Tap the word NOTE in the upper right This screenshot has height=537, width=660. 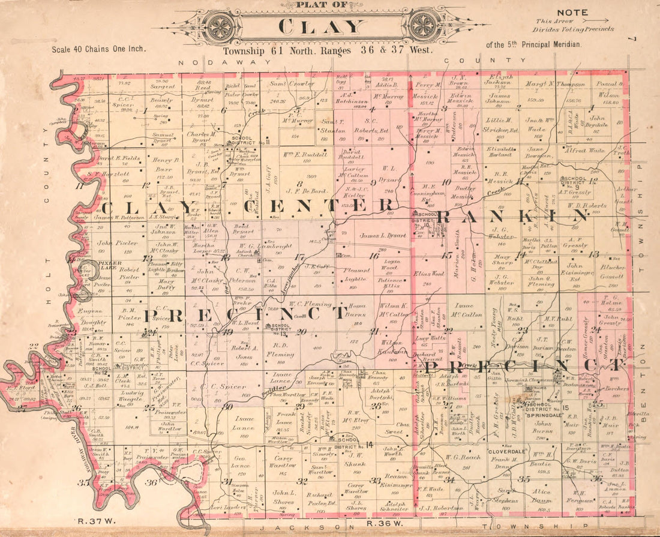coord(572,13)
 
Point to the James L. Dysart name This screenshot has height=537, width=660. coord(383,236)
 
